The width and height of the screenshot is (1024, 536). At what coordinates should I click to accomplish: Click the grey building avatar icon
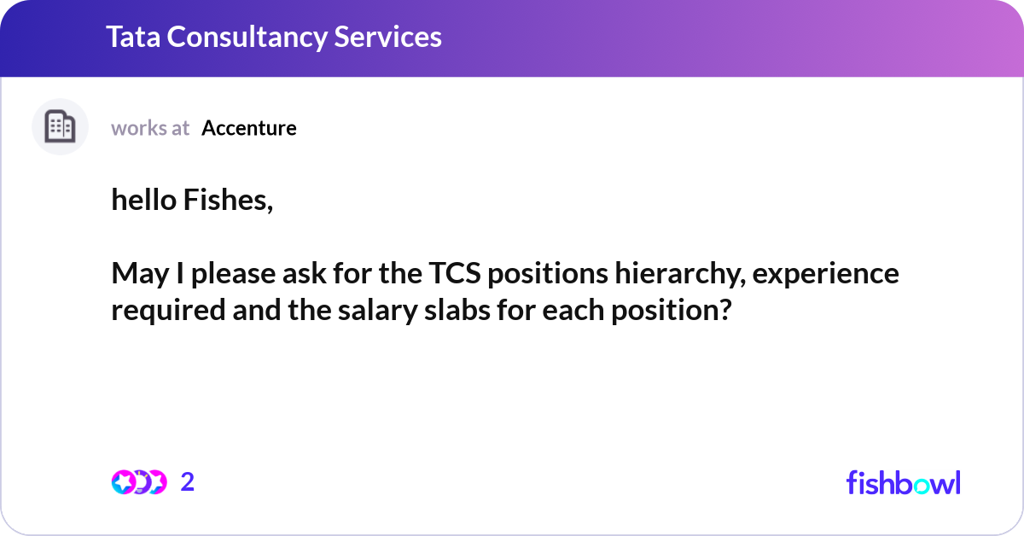(60, 127)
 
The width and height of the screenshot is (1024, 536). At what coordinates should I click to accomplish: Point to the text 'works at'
(150, 128)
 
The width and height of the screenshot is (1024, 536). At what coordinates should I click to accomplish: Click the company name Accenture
(249, 128)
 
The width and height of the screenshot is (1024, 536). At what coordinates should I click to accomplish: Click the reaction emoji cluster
(138, 482)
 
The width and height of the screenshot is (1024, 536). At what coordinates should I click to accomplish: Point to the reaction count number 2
(188, 482)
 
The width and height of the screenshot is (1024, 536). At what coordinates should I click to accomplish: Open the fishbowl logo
(903, 482)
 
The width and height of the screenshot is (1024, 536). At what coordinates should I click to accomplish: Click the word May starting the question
(137, 275)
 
